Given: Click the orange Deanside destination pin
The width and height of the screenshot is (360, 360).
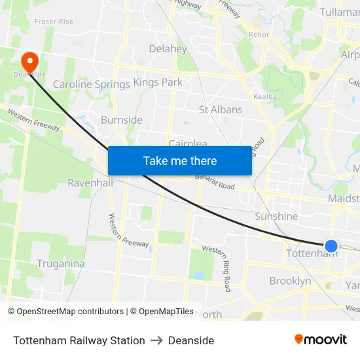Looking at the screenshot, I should click(x=29, y=62).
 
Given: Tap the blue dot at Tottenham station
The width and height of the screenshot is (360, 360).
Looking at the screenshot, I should click(x=331, y=246).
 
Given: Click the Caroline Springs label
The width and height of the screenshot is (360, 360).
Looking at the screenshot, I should click(x=91, y=84).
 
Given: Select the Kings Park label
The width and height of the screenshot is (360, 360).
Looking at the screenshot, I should click(x=158, y=82).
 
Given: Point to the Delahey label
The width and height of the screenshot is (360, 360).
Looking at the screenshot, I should click(x=168, y=48).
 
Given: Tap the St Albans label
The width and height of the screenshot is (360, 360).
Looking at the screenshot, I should click(x=221, y=110).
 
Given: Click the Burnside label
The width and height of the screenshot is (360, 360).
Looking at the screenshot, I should click(x=122, y=120).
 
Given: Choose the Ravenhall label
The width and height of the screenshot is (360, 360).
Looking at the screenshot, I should click(x=90, y=183).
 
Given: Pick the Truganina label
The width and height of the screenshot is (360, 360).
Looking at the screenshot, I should click(x=60, y=264).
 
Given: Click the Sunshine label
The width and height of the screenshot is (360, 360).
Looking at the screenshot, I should click(x=276, y=217).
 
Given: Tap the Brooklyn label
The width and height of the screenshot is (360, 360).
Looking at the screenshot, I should click(x=290, y=281).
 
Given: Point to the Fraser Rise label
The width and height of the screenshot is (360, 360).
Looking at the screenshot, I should click(x=54, y=22).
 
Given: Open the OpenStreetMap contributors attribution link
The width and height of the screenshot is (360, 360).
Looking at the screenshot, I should click(x=71, y=312).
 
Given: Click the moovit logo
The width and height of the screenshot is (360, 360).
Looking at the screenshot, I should click(x=320, y=340).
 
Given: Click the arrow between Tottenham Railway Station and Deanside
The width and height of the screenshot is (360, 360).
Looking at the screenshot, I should click(x=156, y=340).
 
